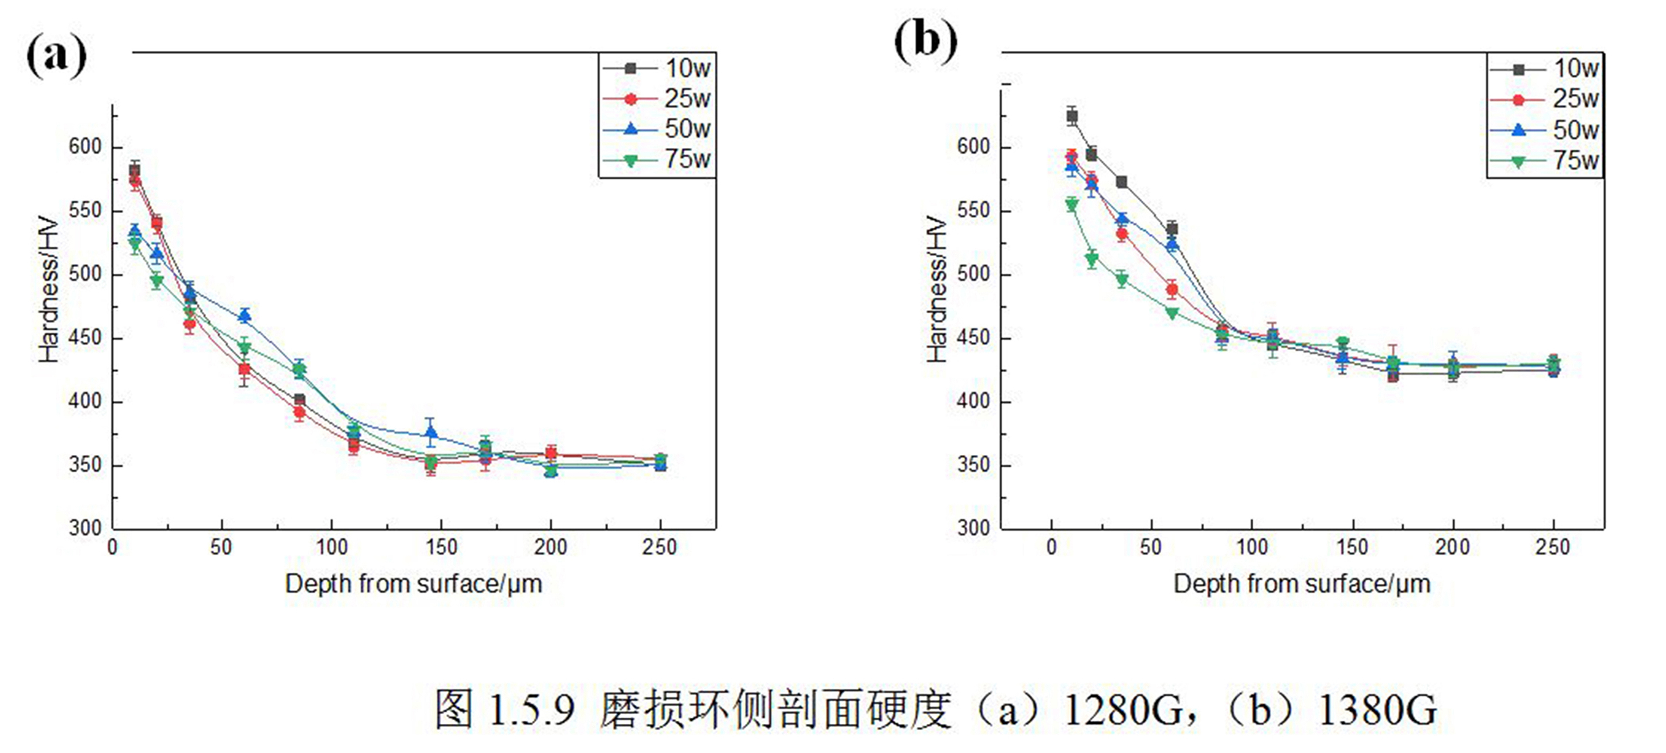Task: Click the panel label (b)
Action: click(926, 41)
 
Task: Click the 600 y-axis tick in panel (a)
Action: click(85, 147)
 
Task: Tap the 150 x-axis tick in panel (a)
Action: click(441, 547)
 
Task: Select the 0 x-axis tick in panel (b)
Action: click(1052, 547)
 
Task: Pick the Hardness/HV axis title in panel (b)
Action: click(937, 289)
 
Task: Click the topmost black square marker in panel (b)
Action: click(1072, 116)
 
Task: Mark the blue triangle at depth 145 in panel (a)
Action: click(431, 433)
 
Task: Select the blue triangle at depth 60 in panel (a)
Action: click(245, 316)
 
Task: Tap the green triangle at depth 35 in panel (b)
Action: click(1122, 280)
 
